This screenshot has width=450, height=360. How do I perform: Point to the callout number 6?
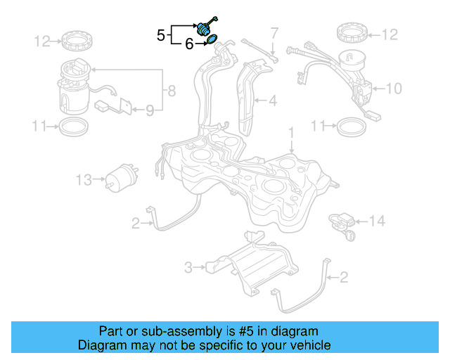tap(188, 44)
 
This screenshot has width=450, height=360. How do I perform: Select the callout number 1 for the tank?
tap(290, 132)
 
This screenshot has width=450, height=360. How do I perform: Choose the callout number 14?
tap(378, 221)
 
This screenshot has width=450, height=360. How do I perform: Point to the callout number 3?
tap(188, 267)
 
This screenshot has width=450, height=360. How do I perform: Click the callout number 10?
tap(394, 88)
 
